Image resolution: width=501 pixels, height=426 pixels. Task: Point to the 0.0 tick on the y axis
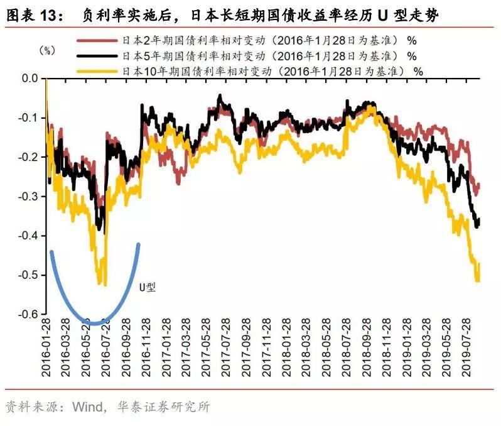[30, 79]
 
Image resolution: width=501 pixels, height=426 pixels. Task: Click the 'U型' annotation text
[147, 287]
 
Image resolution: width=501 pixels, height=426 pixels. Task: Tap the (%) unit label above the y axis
[48, 51]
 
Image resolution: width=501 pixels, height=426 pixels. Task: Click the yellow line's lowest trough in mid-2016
[105, 284]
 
